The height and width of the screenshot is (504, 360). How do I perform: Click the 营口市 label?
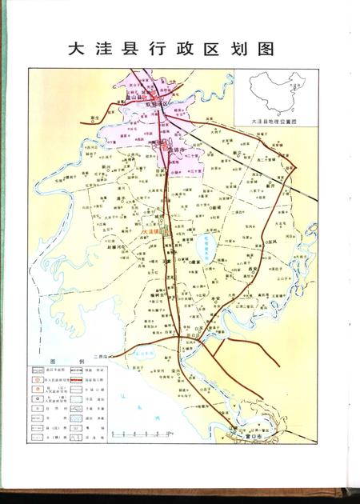[x=254, y=437]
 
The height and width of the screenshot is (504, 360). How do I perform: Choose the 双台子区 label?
[x=157, y=103]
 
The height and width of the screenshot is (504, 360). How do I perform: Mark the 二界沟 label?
[x=101, y=356]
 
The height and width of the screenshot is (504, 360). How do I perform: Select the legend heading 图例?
[x=57, y=361]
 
